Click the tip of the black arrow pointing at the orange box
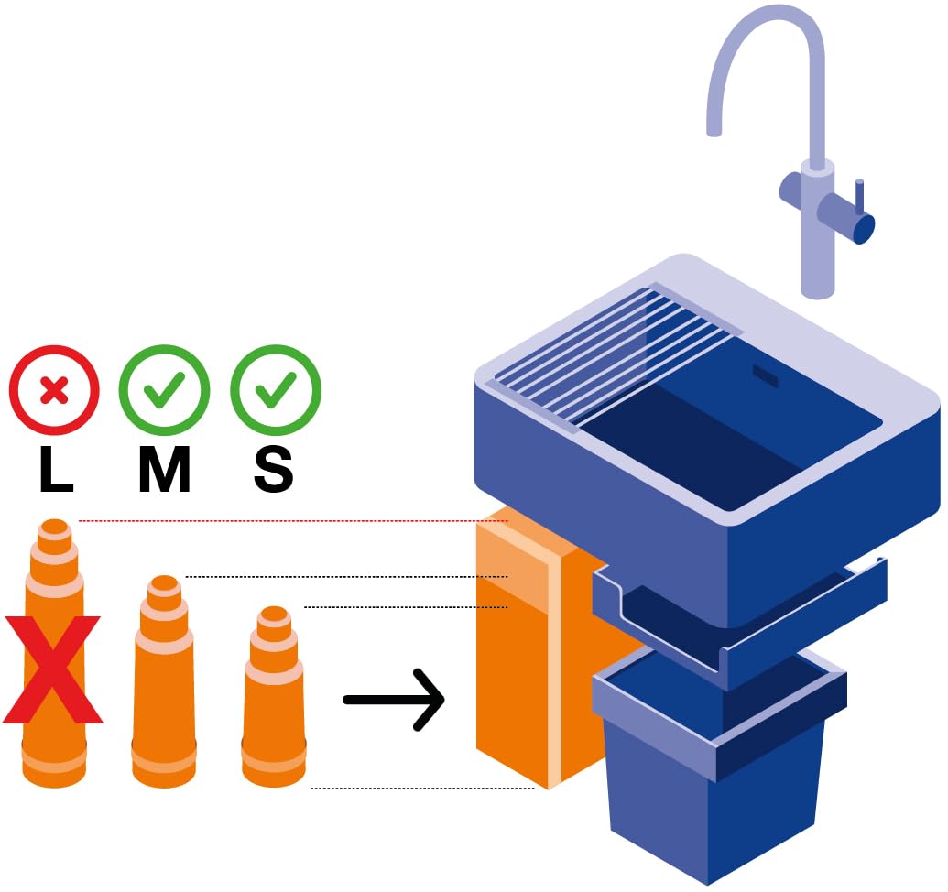(x=444, y=700)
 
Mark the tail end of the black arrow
(x=345, y=700)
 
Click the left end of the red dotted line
(x=79, y=520)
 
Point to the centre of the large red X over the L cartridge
(x=52, y=669)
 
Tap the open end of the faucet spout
(x=714, y=131)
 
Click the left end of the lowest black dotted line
(x=311, y=788)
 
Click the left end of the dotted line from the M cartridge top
(x=186, y=577)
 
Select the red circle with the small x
(x=54, y=390)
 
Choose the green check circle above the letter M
(x=164, y=390)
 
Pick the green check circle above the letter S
(x=275, y=390)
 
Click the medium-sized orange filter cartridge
(x=164, y=681)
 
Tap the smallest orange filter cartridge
(x=273, y=696)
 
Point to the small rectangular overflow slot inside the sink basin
(x=766, y=375)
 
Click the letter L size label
(x=56, y=469)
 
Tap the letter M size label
(x=165, y=469)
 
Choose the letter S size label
(x=273, y=469)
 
